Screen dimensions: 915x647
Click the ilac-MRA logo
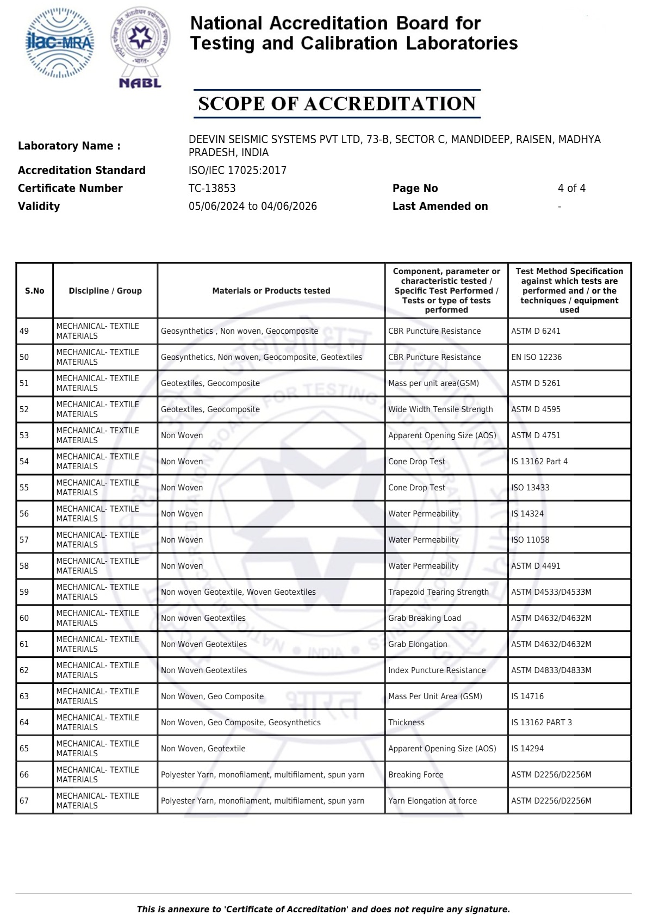tap(60, 42)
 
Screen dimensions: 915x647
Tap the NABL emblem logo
tap(140, 47)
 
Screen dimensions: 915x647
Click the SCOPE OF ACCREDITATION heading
tap(337, 104)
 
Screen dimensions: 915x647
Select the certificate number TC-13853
tap(212, 188)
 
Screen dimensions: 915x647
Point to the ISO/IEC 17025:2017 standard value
tap(237, 170)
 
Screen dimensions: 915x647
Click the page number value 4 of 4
tap(571, 188)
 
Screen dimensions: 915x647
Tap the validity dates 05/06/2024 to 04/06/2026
tap(252, 206)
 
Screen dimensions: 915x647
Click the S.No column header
tap(35, 291)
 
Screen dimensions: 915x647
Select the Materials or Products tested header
tap(271, 291)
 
